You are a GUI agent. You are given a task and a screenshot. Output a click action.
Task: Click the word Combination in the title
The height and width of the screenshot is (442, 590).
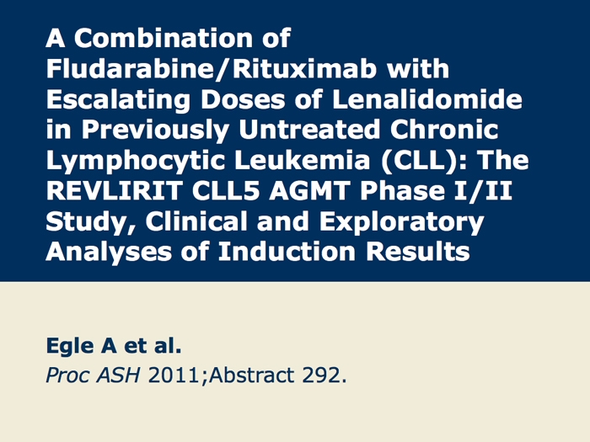click(x=164, y=38)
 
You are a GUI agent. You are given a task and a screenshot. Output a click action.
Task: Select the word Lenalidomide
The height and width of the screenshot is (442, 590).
click(x=427, y=99)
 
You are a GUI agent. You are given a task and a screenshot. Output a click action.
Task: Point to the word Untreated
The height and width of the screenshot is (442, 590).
click(x=309, y=130)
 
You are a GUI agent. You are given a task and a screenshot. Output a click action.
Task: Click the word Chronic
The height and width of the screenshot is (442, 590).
click(x=444, y=130)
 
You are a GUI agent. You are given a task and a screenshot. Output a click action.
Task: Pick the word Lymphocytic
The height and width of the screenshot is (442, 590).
click(x=135, y=162)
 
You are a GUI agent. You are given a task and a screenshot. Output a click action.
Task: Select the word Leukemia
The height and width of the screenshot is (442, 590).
click(x=302, y=160)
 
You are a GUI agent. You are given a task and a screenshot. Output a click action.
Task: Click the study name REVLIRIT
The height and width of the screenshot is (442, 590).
click(x=115, y=191)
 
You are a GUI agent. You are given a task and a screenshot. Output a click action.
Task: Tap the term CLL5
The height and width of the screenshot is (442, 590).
click(x=226, y=191)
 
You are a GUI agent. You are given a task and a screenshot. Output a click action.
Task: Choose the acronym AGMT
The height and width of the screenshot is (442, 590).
click(x=309, y=191)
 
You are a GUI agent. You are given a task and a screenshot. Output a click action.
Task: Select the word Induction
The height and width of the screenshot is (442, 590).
click(x=287, y=252)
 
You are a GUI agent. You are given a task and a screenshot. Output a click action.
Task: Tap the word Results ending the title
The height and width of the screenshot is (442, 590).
click(x=418, y=252)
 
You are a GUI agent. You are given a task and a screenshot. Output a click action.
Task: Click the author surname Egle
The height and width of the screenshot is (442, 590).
click(x=70, y=347)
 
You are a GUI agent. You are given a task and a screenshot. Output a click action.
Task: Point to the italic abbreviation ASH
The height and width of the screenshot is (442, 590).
click(x=118, y=375)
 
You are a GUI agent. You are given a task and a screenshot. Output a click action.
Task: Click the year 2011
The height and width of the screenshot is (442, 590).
click(x=174, y=375)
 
